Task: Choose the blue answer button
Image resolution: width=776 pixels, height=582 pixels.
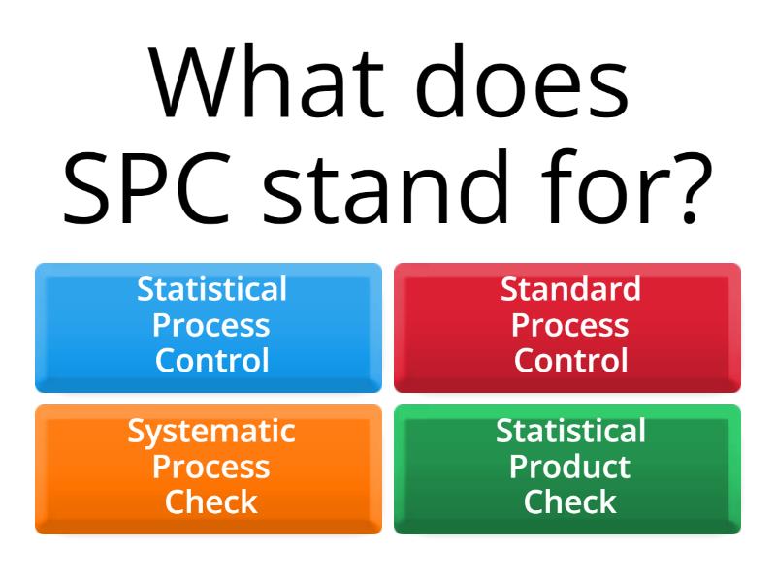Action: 209,328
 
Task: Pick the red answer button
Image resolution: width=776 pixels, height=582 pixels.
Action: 567,328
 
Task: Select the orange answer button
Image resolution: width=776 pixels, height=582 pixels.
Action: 209,469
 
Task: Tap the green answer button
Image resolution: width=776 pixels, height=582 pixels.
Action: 567,469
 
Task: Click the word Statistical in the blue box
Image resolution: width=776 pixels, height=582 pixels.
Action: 211,289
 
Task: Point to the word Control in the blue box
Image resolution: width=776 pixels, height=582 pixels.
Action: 211,361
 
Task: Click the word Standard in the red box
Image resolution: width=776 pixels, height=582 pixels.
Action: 570,289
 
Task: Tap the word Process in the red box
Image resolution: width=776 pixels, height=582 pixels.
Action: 570,325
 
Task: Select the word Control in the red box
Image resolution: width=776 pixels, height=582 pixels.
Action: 570,361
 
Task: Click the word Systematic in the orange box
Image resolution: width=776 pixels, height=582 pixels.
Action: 211,431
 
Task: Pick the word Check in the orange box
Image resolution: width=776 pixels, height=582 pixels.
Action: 211,502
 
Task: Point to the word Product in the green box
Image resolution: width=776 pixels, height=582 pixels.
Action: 570,467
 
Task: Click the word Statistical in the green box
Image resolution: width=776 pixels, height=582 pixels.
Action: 570,431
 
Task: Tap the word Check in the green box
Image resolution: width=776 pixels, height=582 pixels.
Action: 570,502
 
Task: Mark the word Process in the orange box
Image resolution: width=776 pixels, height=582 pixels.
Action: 211,467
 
